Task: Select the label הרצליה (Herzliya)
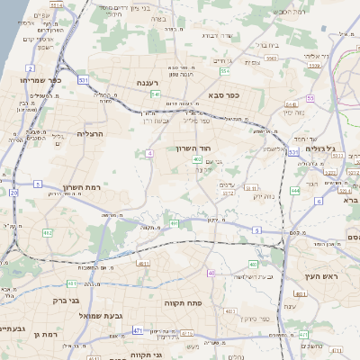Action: coord(92,133)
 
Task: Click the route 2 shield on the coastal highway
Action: coord(31,68)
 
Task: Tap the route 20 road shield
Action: coord(13,193)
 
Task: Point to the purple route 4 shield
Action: coord(148,154)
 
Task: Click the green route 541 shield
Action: coord(156,94)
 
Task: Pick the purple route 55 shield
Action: coord(310,98)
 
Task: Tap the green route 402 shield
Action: coord(197,159)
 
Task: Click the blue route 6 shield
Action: coord(319,201)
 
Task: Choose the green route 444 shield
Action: coord(295,191)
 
